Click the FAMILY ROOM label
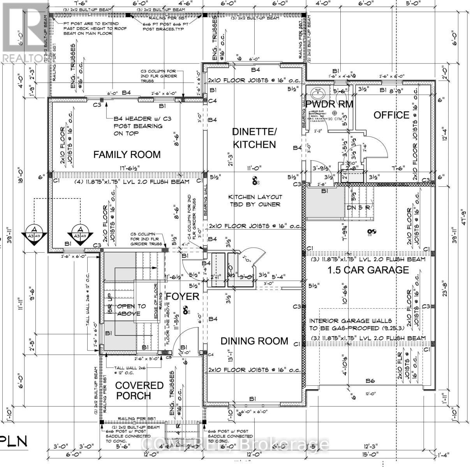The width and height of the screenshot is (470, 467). pyautogui.click(x=127, y=154)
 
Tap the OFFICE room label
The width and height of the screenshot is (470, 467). pyautogui.click(x=391, y=115)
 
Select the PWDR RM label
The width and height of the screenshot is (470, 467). pyautogui.click(x=329, y=104)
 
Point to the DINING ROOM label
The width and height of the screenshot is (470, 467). pyautogui.click(x=254, y=341)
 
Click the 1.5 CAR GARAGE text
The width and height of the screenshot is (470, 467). pyautogui.click(x=368, y=270)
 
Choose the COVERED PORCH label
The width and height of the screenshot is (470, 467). pyautogui.click(x=134, y=390)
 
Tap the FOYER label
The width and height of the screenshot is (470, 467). pyautogui.click(x=183, y=296)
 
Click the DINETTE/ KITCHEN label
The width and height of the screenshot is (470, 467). pyautogui.click(x=254, y=138)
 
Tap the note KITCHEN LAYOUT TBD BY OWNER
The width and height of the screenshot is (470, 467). pyautogui.click(x=255, y=200)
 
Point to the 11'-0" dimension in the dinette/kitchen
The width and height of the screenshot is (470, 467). pyautogui.click(x=254, y=168)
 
